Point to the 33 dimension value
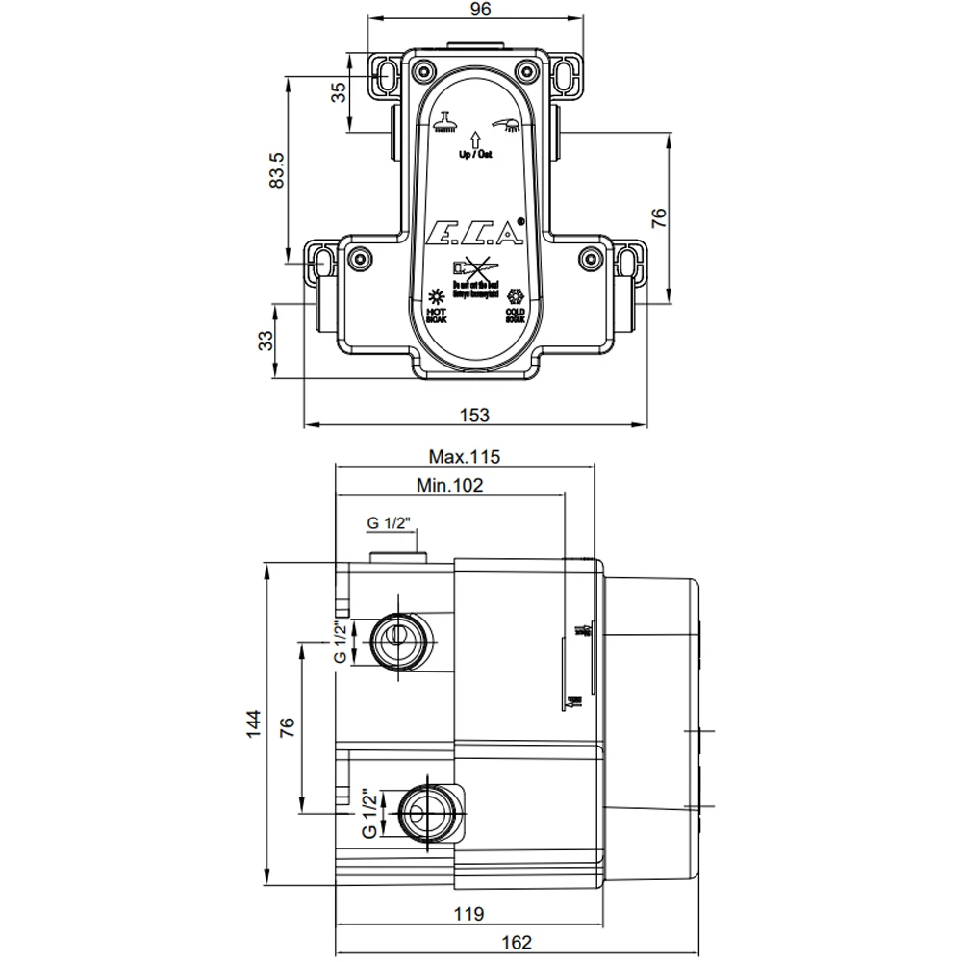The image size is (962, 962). (x=266, y=340)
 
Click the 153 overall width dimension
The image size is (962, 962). (x=475, y=415)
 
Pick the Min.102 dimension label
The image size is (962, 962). (x=449, y=486)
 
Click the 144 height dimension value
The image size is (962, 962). (x=253, y=723)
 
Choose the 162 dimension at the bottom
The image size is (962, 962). (x=516, y=943)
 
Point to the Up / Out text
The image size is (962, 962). (x=475, y=154)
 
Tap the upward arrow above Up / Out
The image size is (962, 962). (x=475, y=139)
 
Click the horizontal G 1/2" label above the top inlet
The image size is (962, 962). (x=389, y=523)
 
